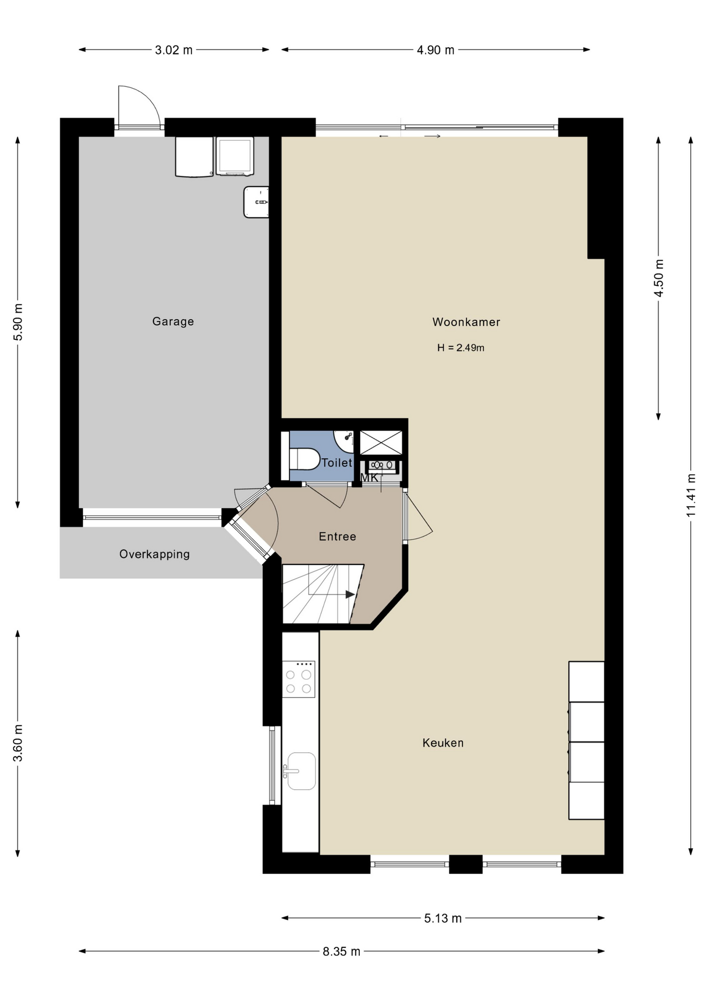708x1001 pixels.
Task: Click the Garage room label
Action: [173, 322]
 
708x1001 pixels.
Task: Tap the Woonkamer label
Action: [466, 322]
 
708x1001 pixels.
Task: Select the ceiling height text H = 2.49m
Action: [461, 348]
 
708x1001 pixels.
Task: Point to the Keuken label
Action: [443, 743]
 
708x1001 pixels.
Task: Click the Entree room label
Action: [337, 536]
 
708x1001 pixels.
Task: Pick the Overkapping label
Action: [154, 554]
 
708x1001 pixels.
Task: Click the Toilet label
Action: [337, 462]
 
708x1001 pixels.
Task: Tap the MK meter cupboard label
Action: [369, 478]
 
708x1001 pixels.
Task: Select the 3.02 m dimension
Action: [174, 50]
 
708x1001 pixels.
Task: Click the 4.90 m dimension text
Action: [435, 50]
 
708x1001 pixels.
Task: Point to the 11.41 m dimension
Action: [691, 495]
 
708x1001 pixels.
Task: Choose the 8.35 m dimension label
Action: [341, 951]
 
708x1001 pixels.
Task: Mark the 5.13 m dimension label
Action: [443, 918]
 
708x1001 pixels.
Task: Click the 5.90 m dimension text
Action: [18, 322]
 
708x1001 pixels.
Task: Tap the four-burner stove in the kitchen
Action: [299, 679]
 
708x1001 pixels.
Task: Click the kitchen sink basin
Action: [301, 771]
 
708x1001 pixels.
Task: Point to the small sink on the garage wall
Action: [256, 202]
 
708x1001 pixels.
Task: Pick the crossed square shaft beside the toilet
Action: [381, 443]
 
